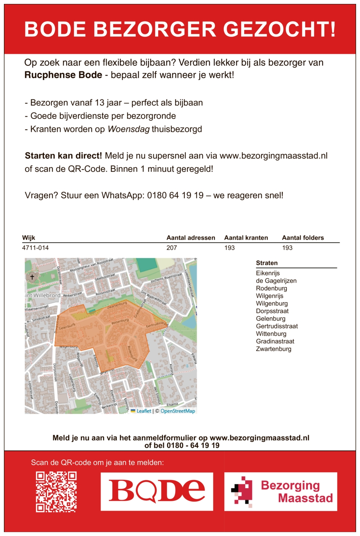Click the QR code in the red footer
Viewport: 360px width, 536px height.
coord(56,492)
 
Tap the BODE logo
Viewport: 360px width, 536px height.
coord(157,491)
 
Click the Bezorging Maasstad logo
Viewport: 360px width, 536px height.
coord(281,491)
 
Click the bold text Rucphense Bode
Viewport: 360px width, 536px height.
coord(63,75)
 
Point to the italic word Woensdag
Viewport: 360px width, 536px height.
coord(128,129)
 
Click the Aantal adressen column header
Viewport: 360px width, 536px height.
coord(191,238)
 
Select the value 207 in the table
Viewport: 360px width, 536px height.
coord(171,248)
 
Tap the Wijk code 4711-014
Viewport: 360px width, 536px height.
coord(36,248)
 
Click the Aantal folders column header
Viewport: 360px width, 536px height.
coord(303,238)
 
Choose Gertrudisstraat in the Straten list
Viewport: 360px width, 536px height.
coord(277,326)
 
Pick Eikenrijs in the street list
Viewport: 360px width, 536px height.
coord(268,273)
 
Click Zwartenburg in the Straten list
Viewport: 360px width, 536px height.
coord(274,349)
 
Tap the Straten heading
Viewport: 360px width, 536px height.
coord(267,263)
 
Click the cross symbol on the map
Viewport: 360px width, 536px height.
coord(32,277)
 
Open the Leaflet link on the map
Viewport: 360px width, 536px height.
coord(144,411)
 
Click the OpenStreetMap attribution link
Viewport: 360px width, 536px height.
coord(178,411)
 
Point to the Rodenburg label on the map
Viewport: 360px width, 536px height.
coord(132,352)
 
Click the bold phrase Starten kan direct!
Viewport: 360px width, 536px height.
coord(63,156)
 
